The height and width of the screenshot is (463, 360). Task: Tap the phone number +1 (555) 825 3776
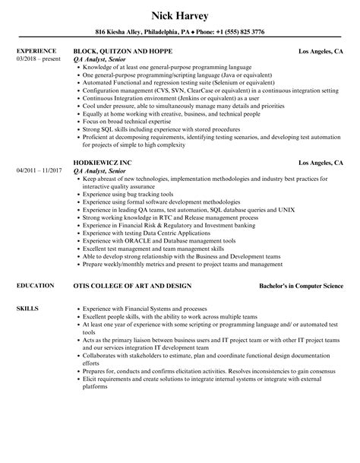click(238, 32)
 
